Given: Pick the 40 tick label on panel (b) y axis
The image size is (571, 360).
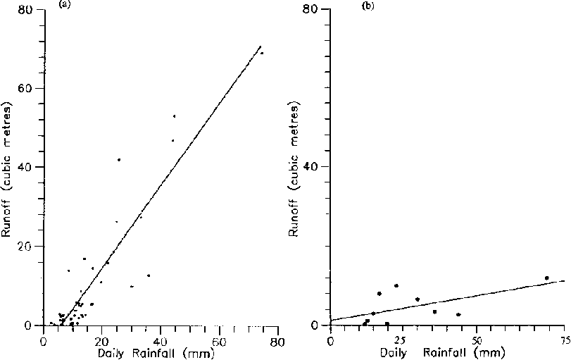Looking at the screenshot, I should [x=314, y=167].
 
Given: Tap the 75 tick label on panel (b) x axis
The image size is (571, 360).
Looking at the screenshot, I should [x=564, y=342].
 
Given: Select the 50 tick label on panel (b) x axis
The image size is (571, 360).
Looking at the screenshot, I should [x=477, y=342].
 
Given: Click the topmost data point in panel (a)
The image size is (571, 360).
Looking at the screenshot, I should [x=262, y=53].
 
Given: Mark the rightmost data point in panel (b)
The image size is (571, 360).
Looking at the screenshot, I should [x=546, y=278].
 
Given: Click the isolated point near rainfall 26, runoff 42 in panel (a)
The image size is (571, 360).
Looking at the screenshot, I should [x=119, y=160].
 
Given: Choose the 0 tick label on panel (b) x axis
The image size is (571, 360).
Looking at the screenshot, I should [x=330, y=342].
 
